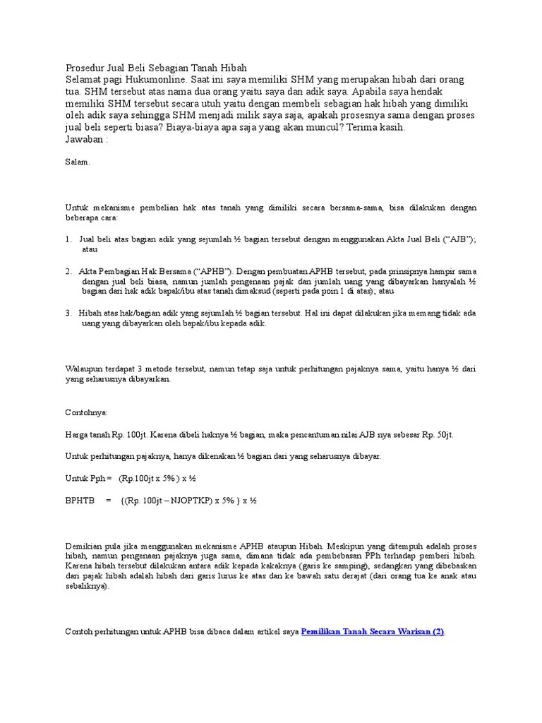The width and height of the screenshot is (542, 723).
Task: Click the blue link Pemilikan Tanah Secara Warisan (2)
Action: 373,632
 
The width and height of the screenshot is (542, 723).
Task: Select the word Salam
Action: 77,162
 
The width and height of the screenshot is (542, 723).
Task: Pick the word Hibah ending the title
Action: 233,68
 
